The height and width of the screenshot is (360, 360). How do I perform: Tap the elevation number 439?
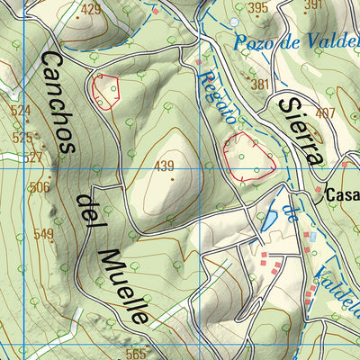coord(164,166)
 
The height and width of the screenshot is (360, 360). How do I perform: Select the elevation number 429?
coord(90,11)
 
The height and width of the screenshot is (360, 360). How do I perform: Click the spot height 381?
coord(261,85)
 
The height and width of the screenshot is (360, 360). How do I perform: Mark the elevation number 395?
coord(257,8)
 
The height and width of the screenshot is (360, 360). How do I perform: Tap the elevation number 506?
coord(39,187)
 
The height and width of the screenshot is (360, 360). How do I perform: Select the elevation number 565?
coord(135,353)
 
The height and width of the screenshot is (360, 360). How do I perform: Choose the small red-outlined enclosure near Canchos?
coord(105,91)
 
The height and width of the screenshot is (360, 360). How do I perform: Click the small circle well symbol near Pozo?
coord(234,22)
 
